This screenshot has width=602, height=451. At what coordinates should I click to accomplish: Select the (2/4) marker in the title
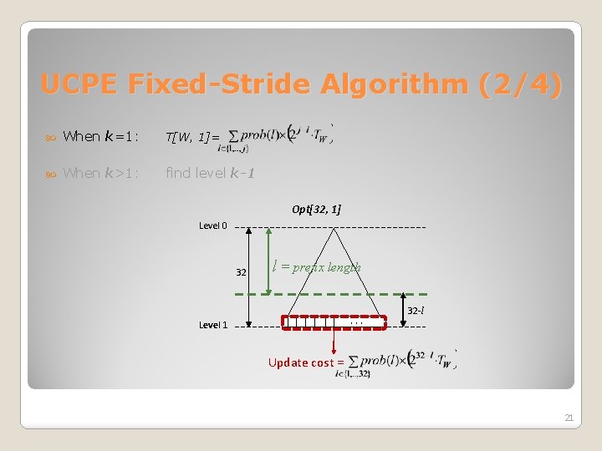coord(521,84)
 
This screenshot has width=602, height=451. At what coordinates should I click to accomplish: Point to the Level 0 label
coord(212,225)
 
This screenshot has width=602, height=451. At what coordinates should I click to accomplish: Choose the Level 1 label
coord(212,325)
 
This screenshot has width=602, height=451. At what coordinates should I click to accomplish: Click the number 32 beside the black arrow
coord(241,272)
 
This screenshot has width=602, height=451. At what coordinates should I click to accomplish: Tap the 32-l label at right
coord(416,311)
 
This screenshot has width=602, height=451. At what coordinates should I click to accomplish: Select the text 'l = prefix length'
coord(317,267)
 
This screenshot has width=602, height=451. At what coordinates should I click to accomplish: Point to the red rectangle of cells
coord(334,323)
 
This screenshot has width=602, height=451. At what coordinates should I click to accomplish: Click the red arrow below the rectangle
coord(334,342)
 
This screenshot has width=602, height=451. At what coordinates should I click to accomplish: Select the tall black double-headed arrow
coord(251,276)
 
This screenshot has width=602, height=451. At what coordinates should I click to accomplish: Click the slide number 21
coord(569,418)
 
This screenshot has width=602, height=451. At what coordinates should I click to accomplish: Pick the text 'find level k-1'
coord(210,173)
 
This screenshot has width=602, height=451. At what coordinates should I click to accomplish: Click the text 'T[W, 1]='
coord(192,137)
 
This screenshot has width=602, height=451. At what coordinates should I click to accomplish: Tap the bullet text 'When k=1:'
coord(100,136)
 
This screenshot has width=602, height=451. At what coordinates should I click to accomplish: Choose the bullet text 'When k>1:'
coord(100,173)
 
